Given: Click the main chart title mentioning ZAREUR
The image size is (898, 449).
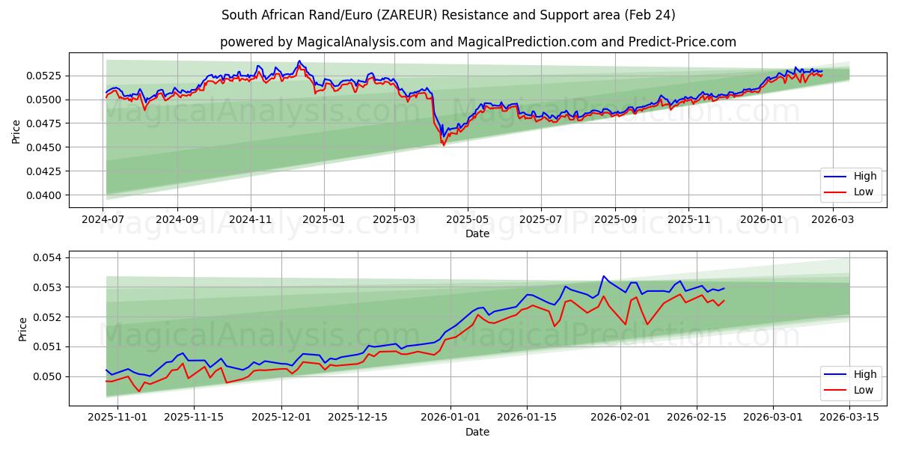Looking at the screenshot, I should [x=448, y=15].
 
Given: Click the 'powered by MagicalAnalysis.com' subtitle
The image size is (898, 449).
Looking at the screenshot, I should [x=477, y=42].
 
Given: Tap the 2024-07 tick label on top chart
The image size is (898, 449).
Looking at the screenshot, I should [x=103, y=220].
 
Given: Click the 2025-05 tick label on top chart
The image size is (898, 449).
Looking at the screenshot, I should [x=468, y=220].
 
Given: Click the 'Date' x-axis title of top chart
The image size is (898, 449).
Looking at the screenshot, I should [x=477, y=233].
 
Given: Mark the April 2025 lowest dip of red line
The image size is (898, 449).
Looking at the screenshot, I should [x=443, y=144].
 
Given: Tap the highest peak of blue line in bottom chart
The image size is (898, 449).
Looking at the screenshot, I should [x=603, y=276].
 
